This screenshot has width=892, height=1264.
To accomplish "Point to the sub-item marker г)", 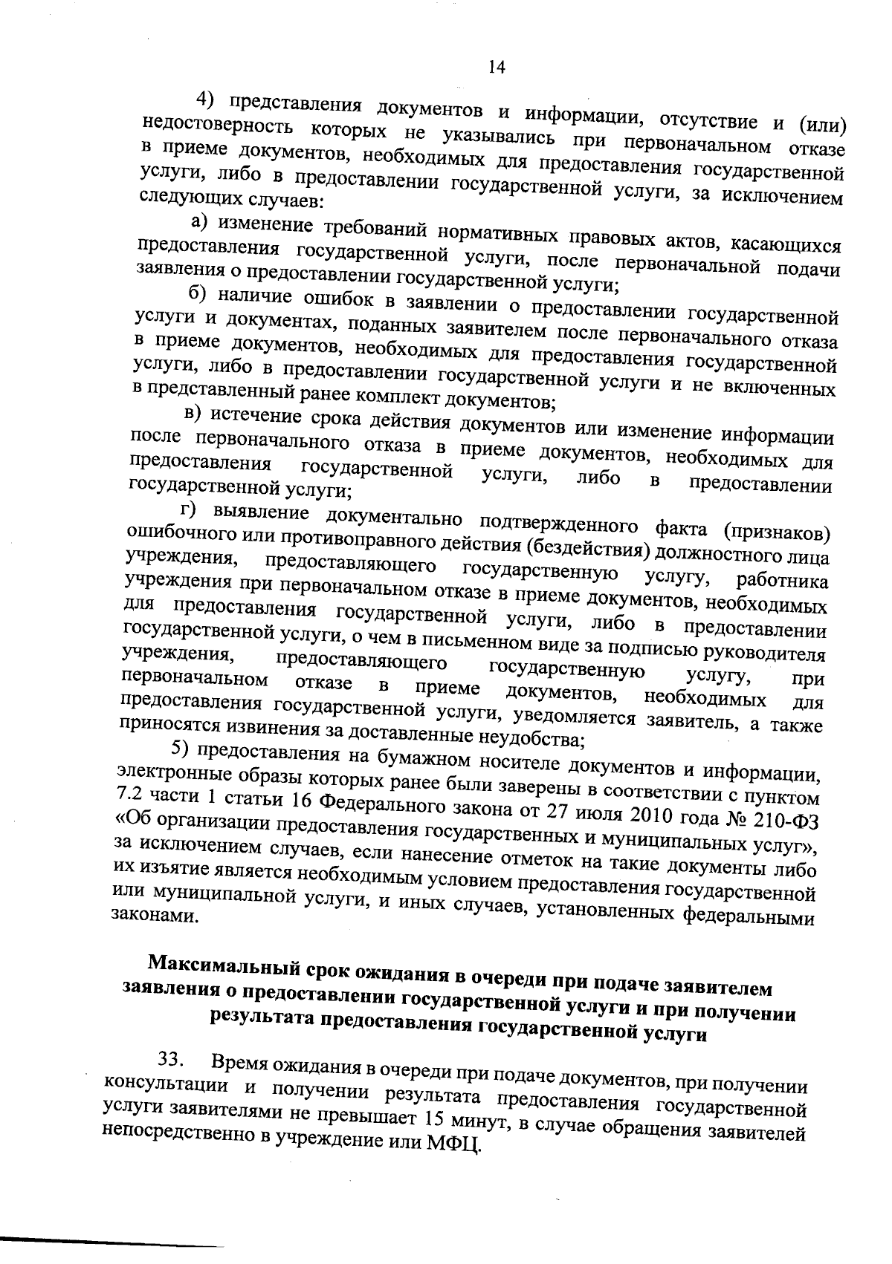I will tap(190, 510).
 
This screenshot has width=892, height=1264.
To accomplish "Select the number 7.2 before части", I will tap(132, 795).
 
